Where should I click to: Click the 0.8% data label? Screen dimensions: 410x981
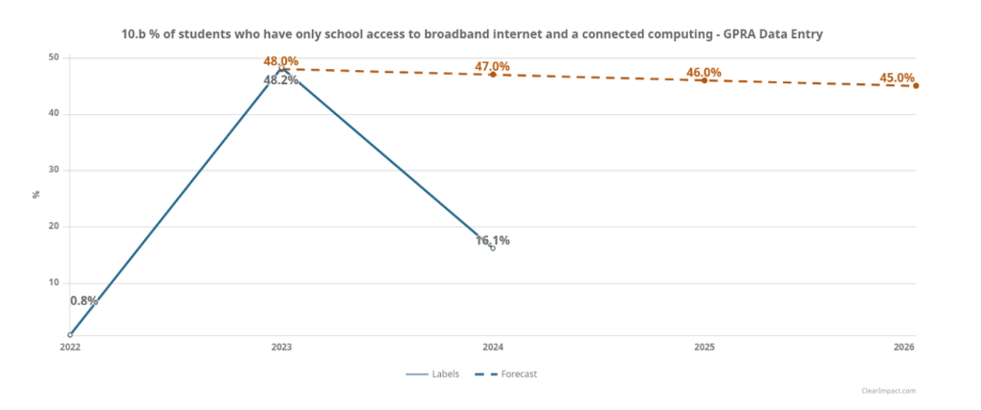(x=84, y=301)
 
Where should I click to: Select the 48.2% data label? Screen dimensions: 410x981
(x=281, y=80)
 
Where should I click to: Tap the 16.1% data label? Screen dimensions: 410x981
(x=493, y=240)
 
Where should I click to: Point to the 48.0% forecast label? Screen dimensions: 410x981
(x=281, y=61)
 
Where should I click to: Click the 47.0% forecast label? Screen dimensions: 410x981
(x=493, y=66)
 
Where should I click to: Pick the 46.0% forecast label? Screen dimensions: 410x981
(x=704, y=73)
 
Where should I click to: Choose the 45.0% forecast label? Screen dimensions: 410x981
(x=898, y=78)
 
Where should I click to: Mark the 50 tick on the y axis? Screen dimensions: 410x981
(x=55, y=57)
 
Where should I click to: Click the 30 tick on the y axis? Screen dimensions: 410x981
(x=55, y=171)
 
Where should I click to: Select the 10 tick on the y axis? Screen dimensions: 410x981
(x=55, y=284)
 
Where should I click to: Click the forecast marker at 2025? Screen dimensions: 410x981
(x=704, y=80)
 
